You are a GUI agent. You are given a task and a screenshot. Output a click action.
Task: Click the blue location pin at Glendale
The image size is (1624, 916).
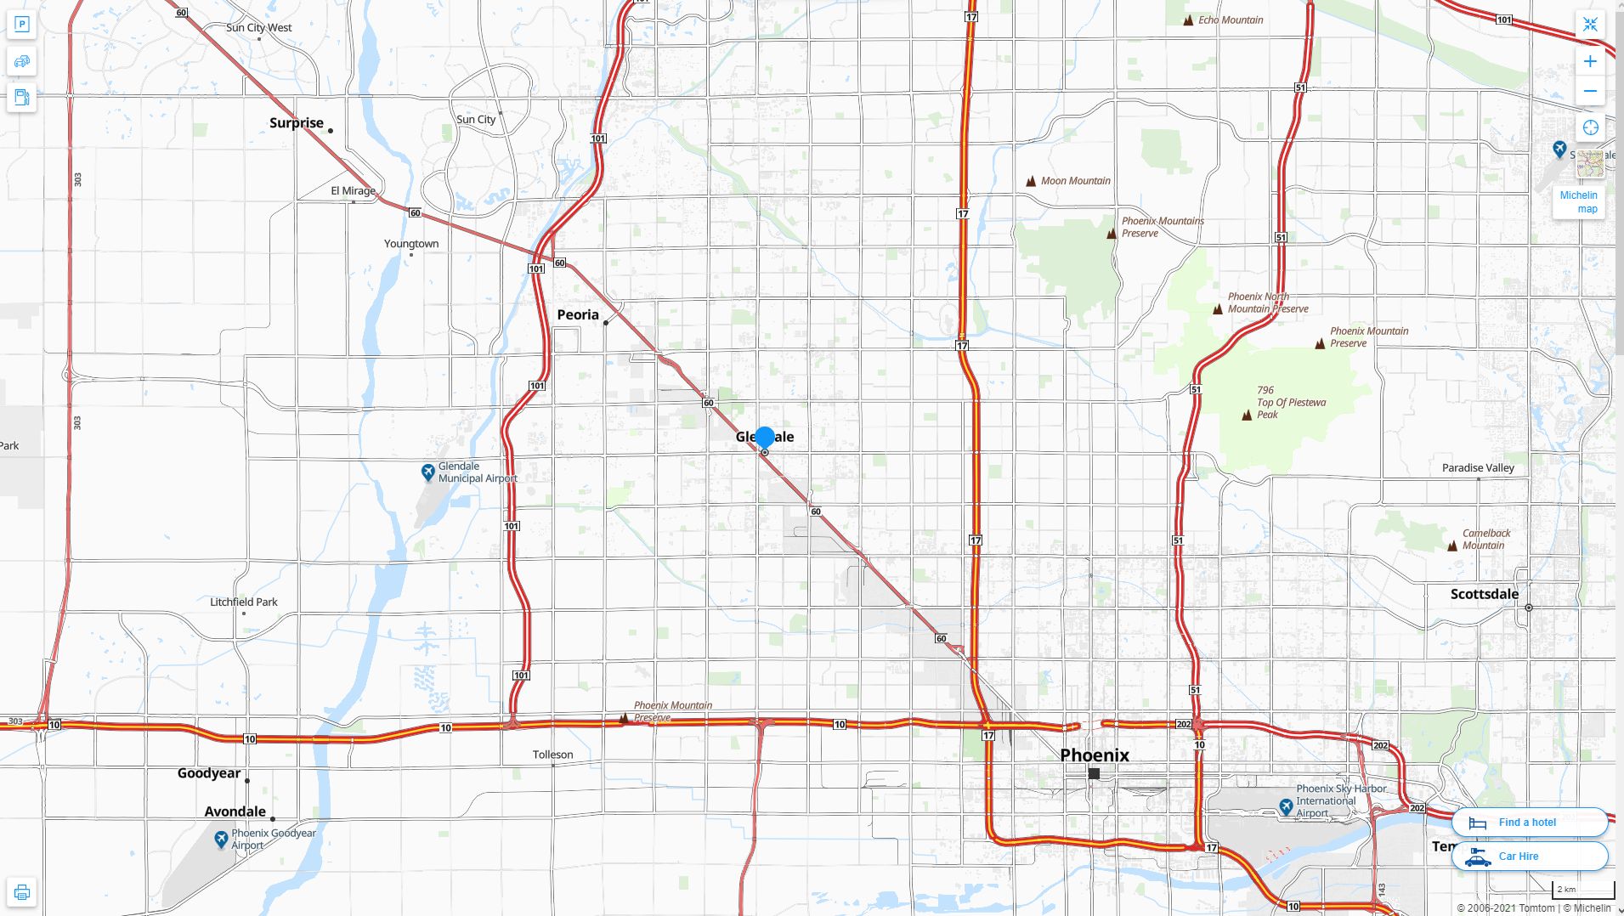(x=765, y=438)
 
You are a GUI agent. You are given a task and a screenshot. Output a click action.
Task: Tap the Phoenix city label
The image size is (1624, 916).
(x=1095, y=755)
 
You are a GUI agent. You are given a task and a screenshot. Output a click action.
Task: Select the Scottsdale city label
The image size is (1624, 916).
(x=1484, y=594)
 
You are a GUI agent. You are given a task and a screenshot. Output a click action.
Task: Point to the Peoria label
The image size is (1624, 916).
(x=578, y=314)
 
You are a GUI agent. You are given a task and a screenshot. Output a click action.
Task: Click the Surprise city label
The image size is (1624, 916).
(x=297, y=122)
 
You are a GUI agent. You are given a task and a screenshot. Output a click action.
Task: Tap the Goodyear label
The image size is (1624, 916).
(x=209, y=772)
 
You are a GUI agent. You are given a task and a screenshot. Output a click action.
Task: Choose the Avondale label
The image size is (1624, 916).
(x=235, y=811)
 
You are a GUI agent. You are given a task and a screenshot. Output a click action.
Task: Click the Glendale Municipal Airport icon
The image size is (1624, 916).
(x=428, y=472)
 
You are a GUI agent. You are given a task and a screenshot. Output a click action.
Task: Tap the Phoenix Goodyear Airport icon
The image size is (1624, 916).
(x=221, y=840)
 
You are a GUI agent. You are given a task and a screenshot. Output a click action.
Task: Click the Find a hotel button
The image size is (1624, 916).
(x=1529, y=822)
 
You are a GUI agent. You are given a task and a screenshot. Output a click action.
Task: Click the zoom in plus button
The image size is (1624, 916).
(x=1590, y=61)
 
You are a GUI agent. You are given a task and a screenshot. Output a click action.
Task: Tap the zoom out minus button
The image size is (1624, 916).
(x=1590, y=91)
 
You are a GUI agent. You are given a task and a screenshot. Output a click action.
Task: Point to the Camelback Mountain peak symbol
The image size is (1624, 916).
(x=1452, y=546)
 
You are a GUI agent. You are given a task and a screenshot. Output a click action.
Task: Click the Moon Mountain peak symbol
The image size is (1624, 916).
(x=1031, y=181)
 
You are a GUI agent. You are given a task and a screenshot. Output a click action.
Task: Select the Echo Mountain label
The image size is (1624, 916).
(x=1231, y=20)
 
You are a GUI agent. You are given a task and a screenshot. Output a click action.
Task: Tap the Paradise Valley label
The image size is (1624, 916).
(x=1478, y=467)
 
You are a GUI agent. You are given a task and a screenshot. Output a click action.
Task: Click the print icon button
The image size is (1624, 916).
(x=22, y=892)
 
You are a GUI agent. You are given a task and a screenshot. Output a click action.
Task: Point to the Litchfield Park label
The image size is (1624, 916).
(x=244, y=602)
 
